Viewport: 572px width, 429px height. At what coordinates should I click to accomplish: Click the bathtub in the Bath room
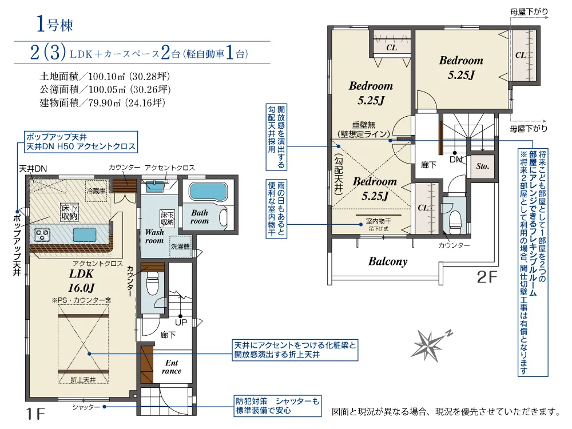(208, 192)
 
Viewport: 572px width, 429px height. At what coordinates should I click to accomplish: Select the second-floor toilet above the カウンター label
(455, 221)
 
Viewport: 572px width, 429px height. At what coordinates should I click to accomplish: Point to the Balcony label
(387, 261)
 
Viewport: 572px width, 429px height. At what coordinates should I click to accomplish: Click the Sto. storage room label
(482, 166)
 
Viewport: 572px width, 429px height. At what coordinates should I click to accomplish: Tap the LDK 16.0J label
(81, 280)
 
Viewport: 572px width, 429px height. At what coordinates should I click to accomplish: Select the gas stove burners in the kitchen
(42, 234)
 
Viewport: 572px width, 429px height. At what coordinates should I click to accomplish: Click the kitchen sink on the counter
(85, 235)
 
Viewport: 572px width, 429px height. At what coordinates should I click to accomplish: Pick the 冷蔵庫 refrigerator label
(96, 191)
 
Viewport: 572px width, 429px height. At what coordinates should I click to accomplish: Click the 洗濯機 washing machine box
(181, 247)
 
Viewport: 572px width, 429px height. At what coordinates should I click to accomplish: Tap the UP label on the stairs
(181, 322)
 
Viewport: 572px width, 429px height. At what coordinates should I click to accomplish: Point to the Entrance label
(172, 367)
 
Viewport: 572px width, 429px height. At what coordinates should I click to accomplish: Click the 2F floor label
(487, 277)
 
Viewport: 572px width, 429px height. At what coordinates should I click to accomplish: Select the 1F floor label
(35, 414)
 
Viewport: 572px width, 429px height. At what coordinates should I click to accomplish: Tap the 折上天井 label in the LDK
(83, 380)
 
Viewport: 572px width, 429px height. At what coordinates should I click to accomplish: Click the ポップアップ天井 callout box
(81, 141)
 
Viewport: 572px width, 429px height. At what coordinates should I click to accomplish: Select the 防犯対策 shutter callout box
(277, 406)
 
